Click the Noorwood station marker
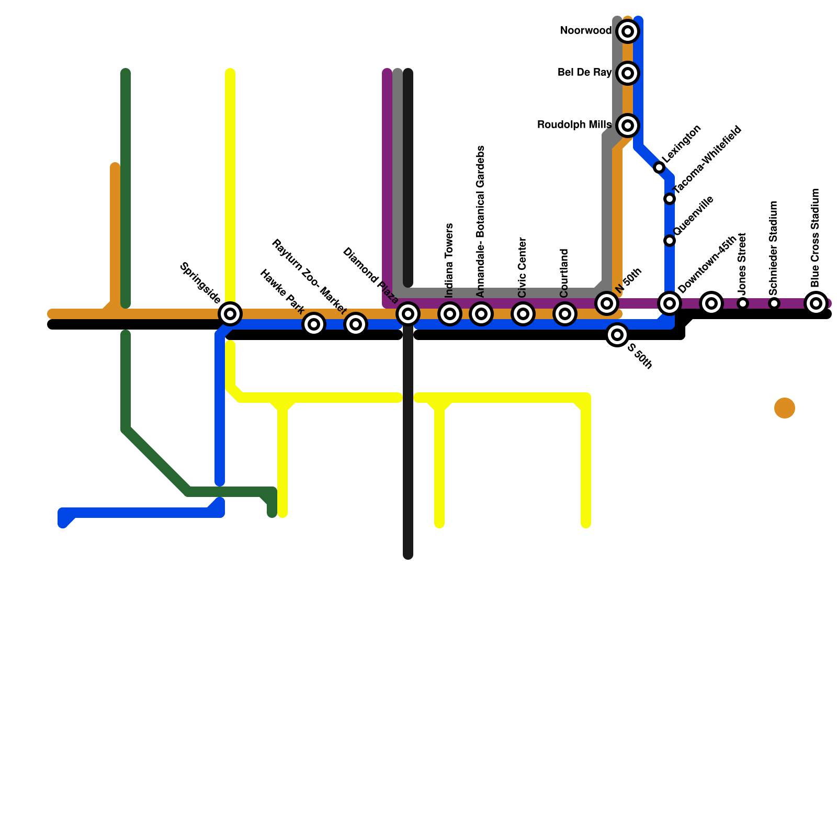(x=628, y=31)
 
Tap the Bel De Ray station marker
(x=628, y=73)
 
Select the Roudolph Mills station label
(x=574, y=125)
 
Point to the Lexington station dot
(x=659, y=167)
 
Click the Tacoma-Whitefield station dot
(x=670, y=199)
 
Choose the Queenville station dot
(x=670, y=241)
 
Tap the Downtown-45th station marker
(x=670, y=303)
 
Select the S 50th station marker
(x=617, y=335)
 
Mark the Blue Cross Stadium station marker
(x=816, y=303)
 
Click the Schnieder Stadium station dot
(x=774, y=303)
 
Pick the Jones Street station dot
(x=743, y=303)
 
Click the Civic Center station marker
(x=523, y=314)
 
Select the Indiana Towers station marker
(x=450, y=314)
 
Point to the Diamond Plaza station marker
(x=408, y=314)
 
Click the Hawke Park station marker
(x=314, y=324)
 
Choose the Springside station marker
(x=230, y=314)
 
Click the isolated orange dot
(x=785, y=408)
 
